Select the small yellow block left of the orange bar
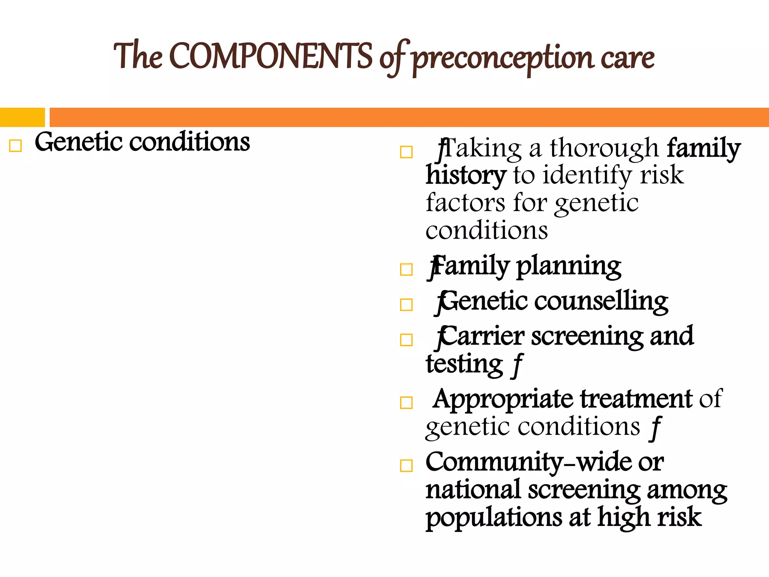[22, 117]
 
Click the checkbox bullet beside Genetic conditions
[15, 146]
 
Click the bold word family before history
[703, 148]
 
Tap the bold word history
[466, 175]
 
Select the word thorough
[604, 148]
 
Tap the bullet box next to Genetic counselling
[406, 305]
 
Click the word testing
[464, 364]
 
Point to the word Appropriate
[503, 399]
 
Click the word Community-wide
[544, 462]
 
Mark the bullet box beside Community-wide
[406, 466]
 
